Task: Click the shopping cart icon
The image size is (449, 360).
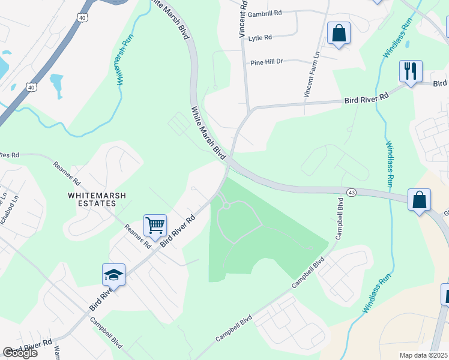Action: (x=155, y=226)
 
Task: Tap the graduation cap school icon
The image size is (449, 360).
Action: (x=113, y=274)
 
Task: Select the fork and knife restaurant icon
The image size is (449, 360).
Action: (x=411, y=71)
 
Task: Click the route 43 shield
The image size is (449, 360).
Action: (x=352, y=192)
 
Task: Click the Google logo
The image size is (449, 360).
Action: (x=20, y=353)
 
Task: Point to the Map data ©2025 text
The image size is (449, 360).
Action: (x=423, y=355)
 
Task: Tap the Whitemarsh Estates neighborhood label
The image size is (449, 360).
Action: (x=92, y=199)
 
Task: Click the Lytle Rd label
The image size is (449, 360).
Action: (x=260, y=37)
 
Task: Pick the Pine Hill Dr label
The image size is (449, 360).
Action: (x=266, y=62)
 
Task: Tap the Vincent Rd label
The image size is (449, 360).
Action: (x=243, y=19)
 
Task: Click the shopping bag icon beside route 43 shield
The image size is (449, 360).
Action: (x=419, y=199)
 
